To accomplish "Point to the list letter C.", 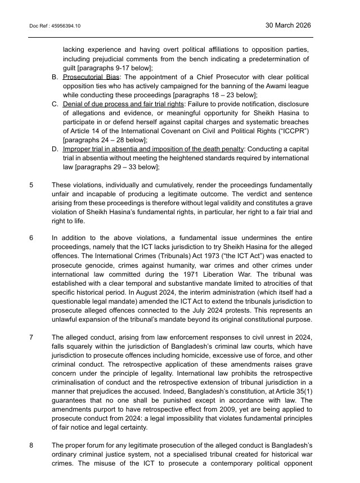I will click(x=55, y=104).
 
